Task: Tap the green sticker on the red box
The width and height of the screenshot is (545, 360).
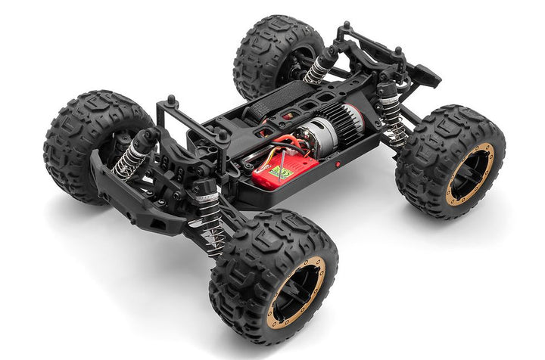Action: [285, 172]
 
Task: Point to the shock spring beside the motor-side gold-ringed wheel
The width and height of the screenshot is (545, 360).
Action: [394, 121]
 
